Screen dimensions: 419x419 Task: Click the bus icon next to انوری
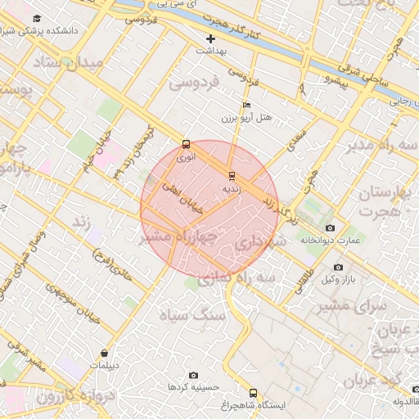point(185,143)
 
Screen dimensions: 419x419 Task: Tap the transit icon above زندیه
point(232,175)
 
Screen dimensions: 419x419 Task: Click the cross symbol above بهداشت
point(211,38)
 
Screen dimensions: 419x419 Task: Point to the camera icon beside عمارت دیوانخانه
point(330,228)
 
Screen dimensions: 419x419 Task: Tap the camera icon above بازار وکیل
point(338,267)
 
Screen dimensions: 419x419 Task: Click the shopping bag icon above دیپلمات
point(104,353)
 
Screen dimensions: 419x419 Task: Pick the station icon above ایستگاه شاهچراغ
point(252,393)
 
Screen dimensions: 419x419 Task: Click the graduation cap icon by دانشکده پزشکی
point(37,18)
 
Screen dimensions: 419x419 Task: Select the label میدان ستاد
point(69,65)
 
